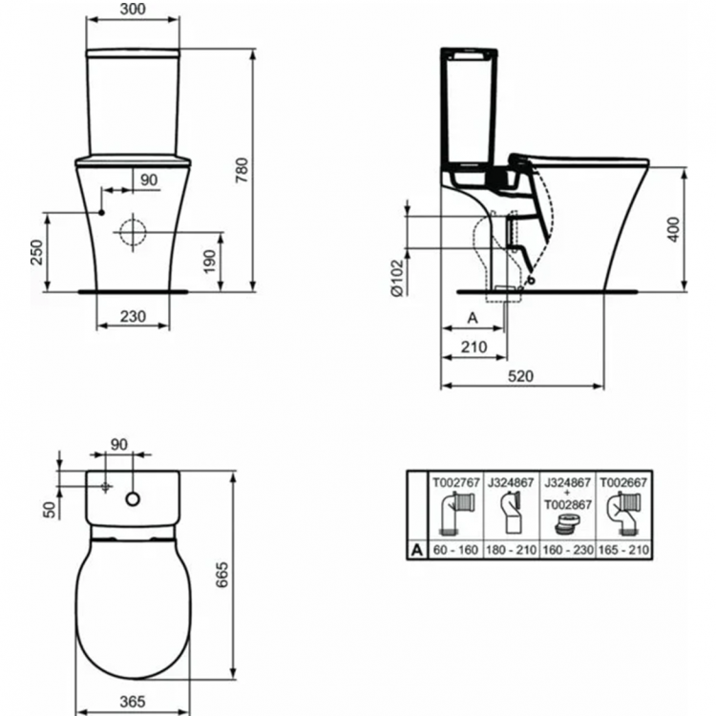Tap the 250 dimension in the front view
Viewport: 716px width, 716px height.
[36, 251]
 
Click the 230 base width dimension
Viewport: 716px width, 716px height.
[134, 317]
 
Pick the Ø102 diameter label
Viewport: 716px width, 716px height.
[397, 281]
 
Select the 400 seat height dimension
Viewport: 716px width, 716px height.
[675, 229]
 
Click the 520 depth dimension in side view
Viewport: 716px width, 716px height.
[520, 376]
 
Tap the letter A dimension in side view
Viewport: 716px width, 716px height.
[471, 317]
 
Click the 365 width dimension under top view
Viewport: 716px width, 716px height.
[133, 702]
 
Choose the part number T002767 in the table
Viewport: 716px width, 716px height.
[454, 482]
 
